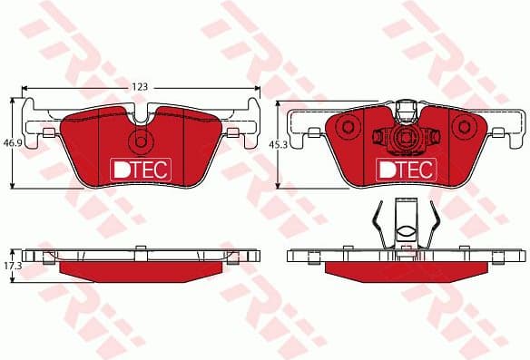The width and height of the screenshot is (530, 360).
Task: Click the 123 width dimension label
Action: coord(139,86)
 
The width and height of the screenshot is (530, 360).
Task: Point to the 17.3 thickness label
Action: coord(12,268)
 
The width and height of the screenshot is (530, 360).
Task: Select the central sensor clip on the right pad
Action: coord(406,139)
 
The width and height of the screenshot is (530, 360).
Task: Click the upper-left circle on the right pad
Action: coord(378,136)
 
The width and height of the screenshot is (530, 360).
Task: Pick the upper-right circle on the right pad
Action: coord(434,137)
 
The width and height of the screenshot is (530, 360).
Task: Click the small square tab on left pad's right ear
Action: coord(232,134)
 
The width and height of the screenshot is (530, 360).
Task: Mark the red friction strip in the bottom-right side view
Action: coord(405,270)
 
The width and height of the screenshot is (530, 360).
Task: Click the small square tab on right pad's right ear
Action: coord(499,134)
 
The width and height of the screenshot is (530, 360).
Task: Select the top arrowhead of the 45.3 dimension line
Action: coord(281,102)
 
